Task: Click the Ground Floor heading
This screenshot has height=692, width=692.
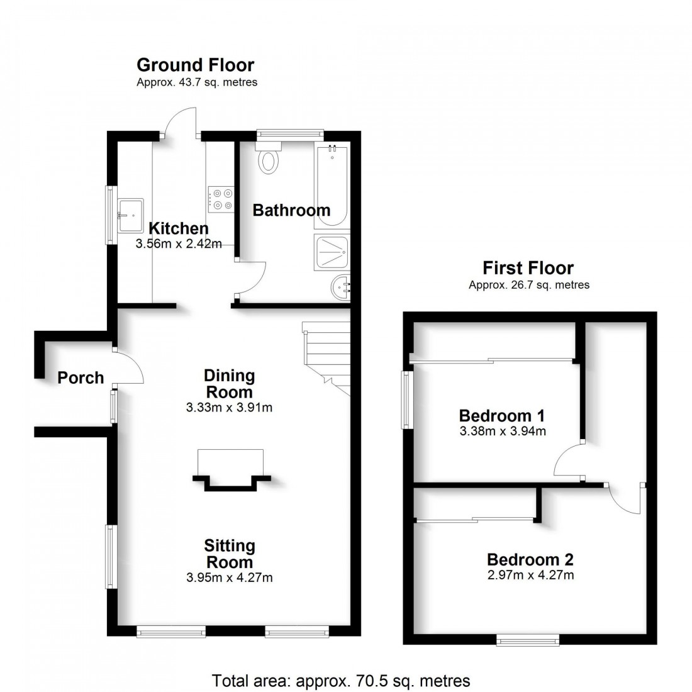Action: tap(195, 65)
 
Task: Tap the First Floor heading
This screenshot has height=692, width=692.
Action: tap(528, 268)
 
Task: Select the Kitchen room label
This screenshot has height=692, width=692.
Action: tap(178, 228)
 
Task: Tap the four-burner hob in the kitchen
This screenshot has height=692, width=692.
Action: tap(221, 199)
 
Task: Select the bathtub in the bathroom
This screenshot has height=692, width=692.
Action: tap(331, 186)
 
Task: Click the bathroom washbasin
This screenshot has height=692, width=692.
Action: tap(340, 289)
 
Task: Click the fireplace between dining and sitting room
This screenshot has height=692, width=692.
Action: tap(230, 472)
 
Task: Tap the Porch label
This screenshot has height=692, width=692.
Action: tap(81, 377)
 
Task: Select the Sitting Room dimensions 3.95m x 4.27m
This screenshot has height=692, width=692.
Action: tap(229, 577)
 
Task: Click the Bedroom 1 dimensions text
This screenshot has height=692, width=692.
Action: tap(502, 431)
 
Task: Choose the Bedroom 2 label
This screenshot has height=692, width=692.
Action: tap(530, 559)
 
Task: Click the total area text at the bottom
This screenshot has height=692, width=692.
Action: tap(341, 681)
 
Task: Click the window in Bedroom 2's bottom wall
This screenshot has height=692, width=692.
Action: tap(527, 640)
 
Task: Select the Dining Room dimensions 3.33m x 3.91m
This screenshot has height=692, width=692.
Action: tap(229, 407)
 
